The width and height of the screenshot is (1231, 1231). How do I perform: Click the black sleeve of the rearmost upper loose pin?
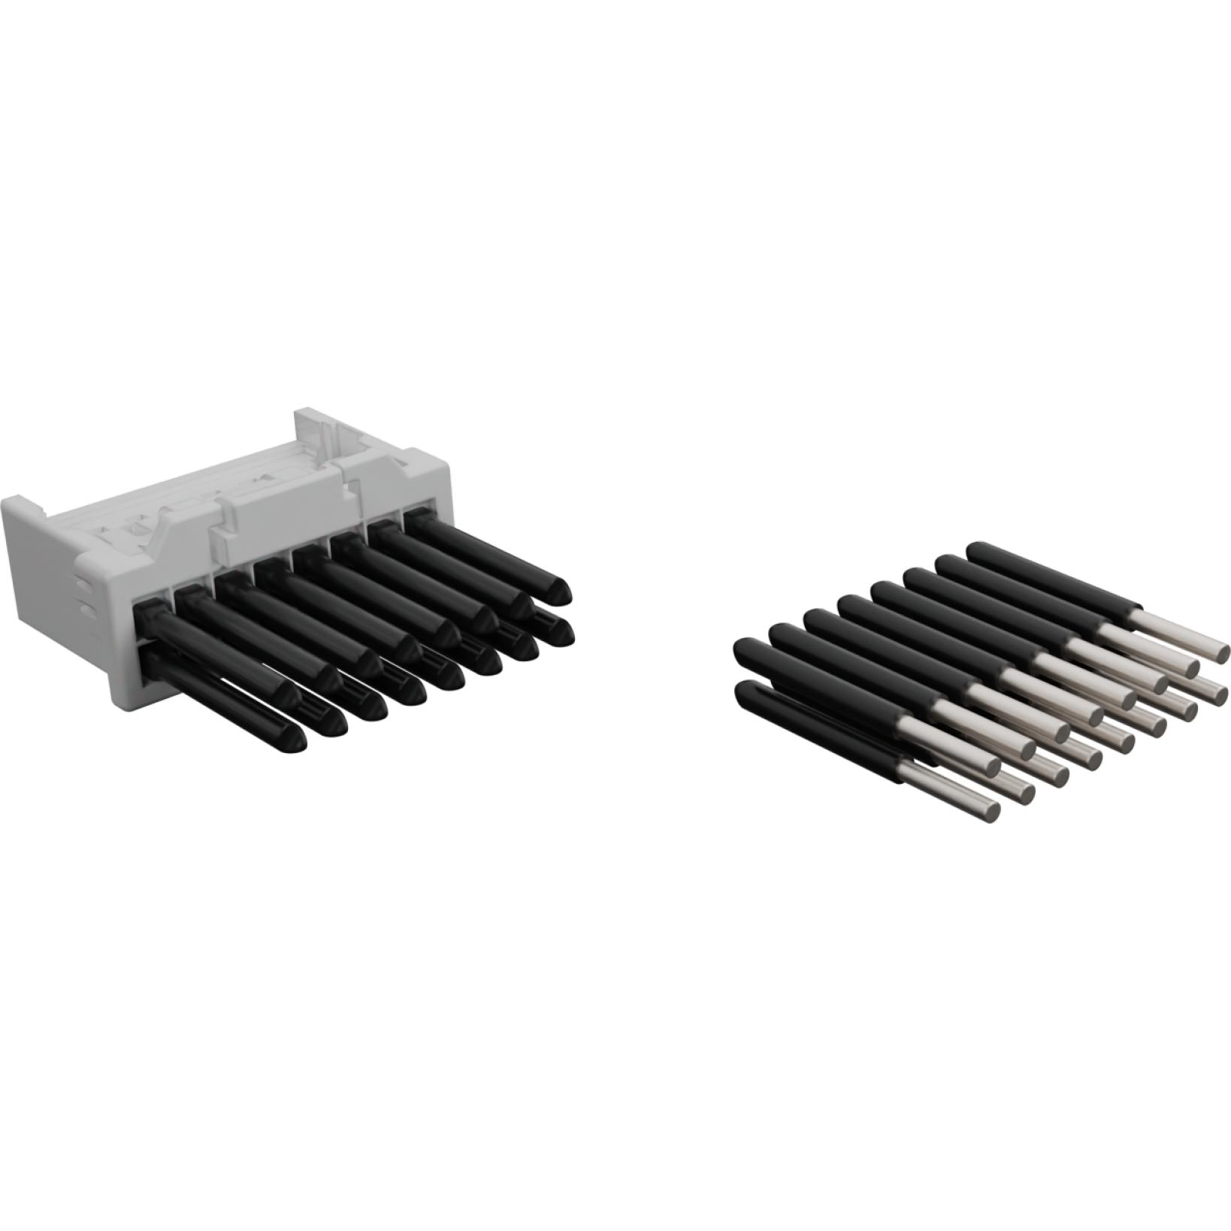1052,583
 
